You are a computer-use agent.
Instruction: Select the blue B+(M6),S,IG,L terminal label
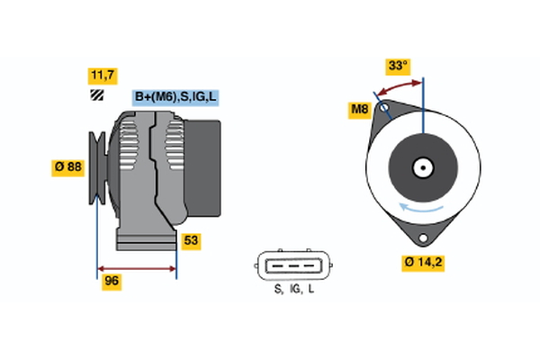pyautogui.click(x=175, y=97)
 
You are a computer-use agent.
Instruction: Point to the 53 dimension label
pyautogui.click(x=191, y=240)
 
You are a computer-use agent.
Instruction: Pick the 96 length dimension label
pyautogui.click(x=112, y=281)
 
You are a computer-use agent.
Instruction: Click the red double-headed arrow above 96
pyautogui.click(x=137, y=267)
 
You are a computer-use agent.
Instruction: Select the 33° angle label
pyautogui.click(x=398, y=66)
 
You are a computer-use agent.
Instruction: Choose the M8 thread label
pyautogui.click(x=360, y=110)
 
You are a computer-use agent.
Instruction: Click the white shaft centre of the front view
pyautogui.click(x=422, y=166)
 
